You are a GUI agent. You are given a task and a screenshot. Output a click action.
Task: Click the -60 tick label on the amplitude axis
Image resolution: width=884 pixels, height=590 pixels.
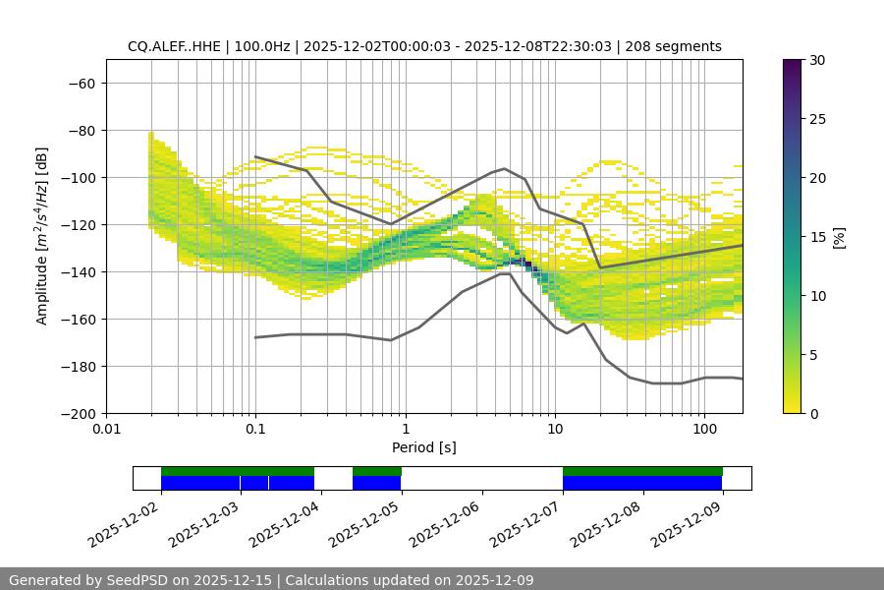tap(81, 83)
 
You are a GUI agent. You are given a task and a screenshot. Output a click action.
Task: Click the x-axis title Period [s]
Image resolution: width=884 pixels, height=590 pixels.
tap(423, 447)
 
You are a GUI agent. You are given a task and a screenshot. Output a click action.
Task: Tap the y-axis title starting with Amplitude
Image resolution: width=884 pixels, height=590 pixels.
tap(42, 236)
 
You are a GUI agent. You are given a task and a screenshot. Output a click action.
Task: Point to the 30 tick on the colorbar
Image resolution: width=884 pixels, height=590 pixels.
tap(816, 60)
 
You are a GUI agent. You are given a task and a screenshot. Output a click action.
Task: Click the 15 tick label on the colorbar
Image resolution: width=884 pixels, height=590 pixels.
tap(816, 237)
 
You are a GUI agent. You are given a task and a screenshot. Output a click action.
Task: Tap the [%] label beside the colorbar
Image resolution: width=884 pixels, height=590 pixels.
tap(839, 237)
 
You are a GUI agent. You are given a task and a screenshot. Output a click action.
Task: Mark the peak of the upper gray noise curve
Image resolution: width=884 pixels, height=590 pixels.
tap(505, 168)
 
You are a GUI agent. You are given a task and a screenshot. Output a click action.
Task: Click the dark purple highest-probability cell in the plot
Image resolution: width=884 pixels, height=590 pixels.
tap(527, 264)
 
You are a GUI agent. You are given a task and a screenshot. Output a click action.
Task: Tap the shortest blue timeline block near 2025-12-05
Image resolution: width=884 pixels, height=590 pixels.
tap(376, 483)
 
